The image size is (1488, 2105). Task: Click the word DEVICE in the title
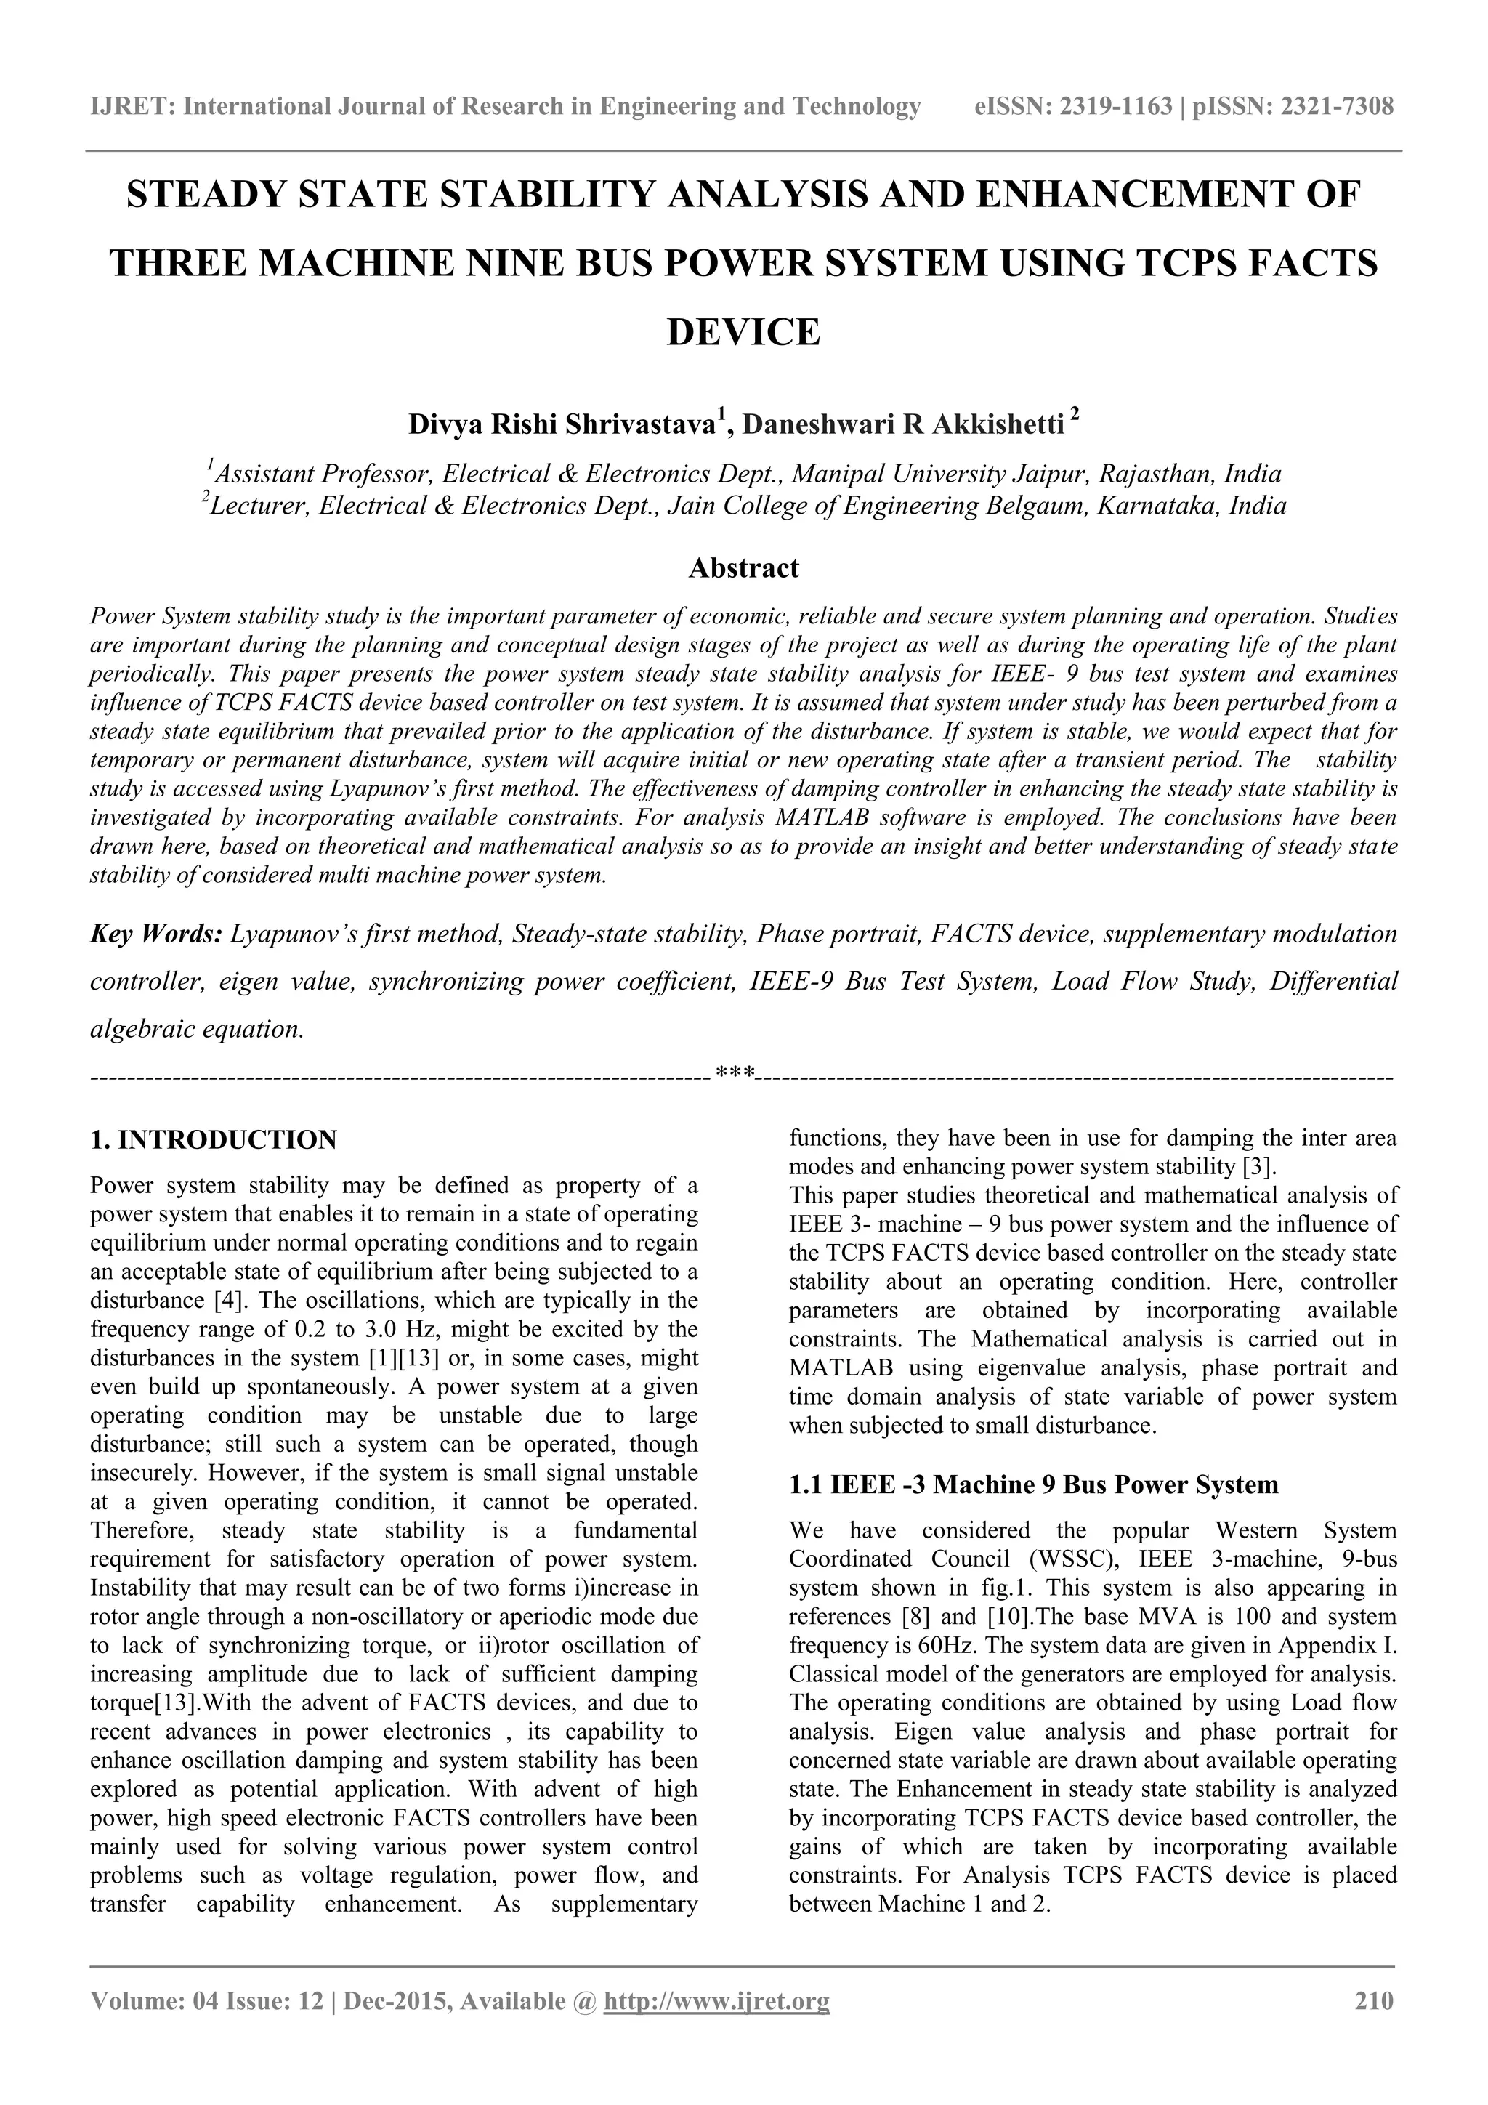click(743, 332)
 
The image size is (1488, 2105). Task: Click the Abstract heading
click(743, 568)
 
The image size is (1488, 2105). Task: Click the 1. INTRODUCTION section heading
click(214, 1139)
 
